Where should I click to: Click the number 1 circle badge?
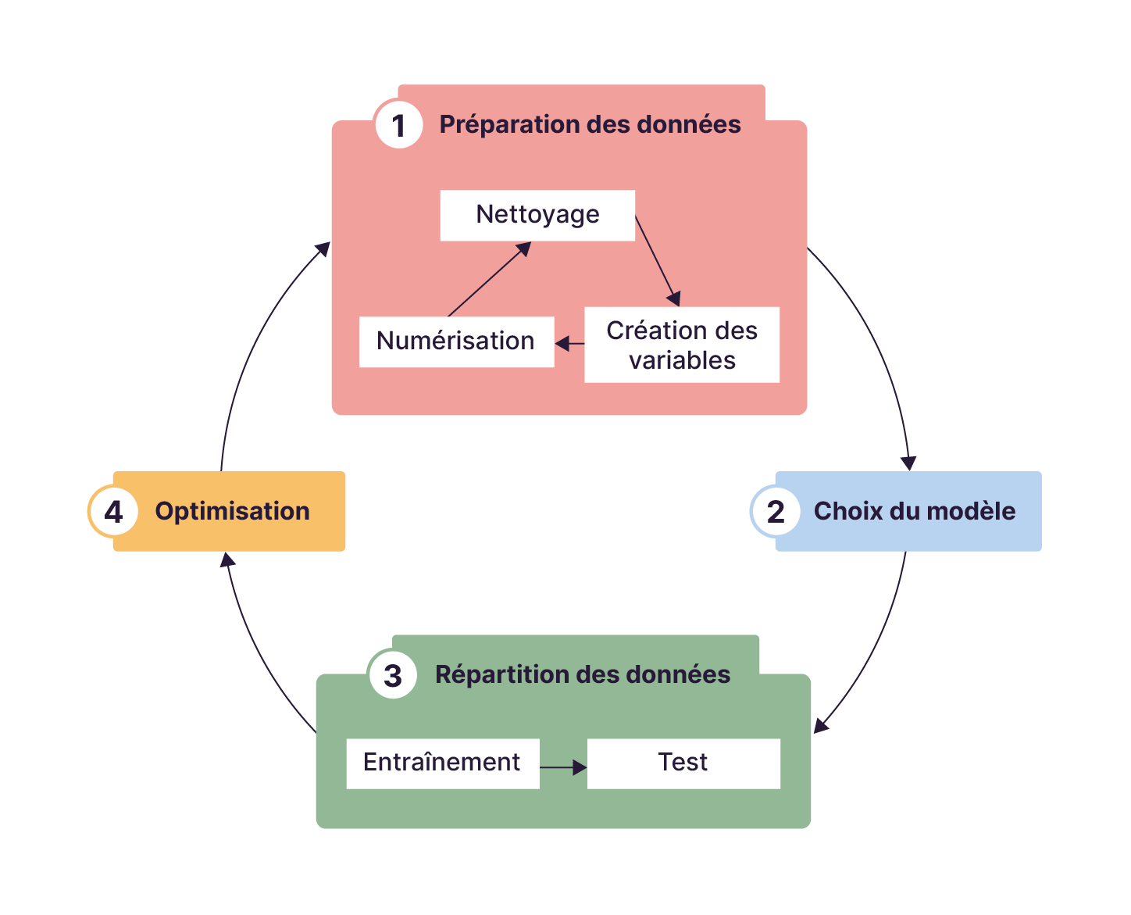(399, 125)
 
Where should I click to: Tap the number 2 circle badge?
(775, 512)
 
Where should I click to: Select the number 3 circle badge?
(393, 675)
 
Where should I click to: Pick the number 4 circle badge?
(113, 512)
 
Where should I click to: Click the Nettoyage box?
(537, 215)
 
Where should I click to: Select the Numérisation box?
(456, 341)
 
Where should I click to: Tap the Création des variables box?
(682, 345)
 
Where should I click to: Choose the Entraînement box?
(442, 763)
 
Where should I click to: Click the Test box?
(683, 763)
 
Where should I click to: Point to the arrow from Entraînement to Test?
(562, 767)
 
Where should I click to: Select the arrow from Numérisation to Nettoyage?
(489, 279)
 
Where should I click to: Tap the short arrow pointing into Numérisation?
(570, 343)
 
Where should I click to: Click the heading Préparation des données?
(590, 125)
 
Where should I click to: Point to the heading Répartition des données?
(583, 675)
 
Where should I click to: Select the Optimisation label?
(232, 512)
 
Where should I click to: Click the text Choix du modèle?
(915, 512)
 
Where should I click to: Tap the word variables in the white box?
(682, 360)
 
